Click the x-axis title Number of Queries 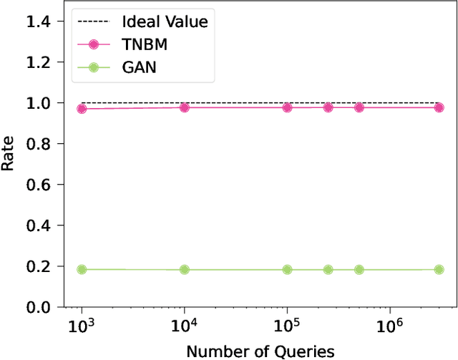(x=260, y=351)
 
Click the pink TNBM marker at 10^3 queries (x=82, y=109)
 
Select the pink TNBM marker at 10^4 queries (x=185, y=107)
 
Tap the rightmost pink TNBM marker (x=439, y=107)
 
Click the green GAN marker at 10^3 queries (x=82, y=269)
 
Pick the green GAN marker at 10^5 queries (x=287, y=270)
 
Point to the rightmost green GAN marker (x=439, y=269)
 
